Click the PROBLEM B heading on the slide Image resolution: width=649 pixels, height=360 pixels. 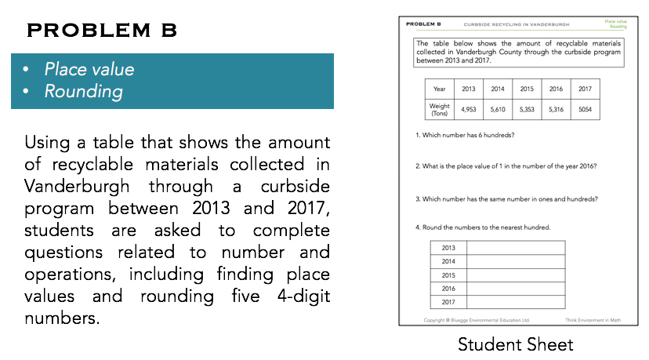coord(102,31)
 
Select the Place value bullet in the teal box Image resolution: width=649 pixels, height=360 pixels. coord(89,69)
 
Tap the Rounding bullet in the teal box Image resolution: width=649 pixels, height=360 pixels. coord(83,92)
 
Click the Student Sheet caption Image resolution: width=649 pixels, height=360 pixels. coord(516,344)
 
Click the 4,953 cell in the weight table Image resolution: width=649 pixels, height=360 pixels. coord(469,110)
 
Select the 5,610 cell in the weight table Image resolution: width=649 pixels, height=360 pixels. coord(498,110)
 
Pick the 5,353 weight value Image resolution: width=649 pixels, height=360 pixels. coord(527,110)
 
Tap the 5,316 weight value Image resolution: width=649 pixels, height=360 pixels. coord(556,110)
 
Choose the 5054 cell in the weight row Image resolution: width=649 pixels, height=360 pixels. coord(585,110)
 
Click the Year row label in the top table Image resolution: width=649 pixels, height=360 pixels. coord(440,89)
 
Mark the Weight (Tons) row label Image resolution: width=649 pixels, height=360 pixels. coord(440,110)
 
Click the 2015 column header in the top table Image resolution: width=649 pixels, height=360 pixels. coord(527,89)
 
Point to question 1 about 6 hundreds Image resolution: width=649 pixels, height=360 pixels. coord(465,135)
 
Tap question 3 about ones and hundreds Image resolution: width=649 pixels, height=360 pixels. coord(506,198)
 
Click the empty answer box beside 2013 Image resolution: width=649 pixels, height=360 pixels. coord(516,248)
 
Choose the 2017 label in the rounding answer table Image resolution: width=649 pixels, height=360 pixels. coord(449,302)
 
